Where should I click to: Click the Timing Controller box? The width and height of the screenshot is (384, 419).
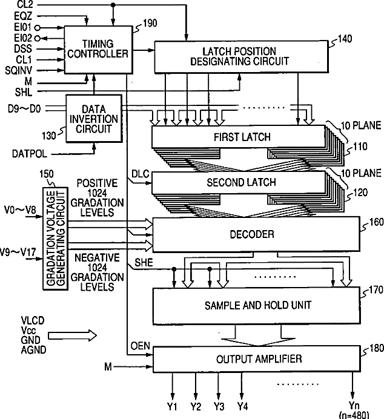(98, 49)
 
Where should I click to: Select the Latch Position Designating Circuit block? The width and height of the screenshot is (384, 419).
(242, 56)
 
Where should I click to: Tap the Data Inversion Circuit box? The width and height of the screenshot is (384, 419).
(93, 119)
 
